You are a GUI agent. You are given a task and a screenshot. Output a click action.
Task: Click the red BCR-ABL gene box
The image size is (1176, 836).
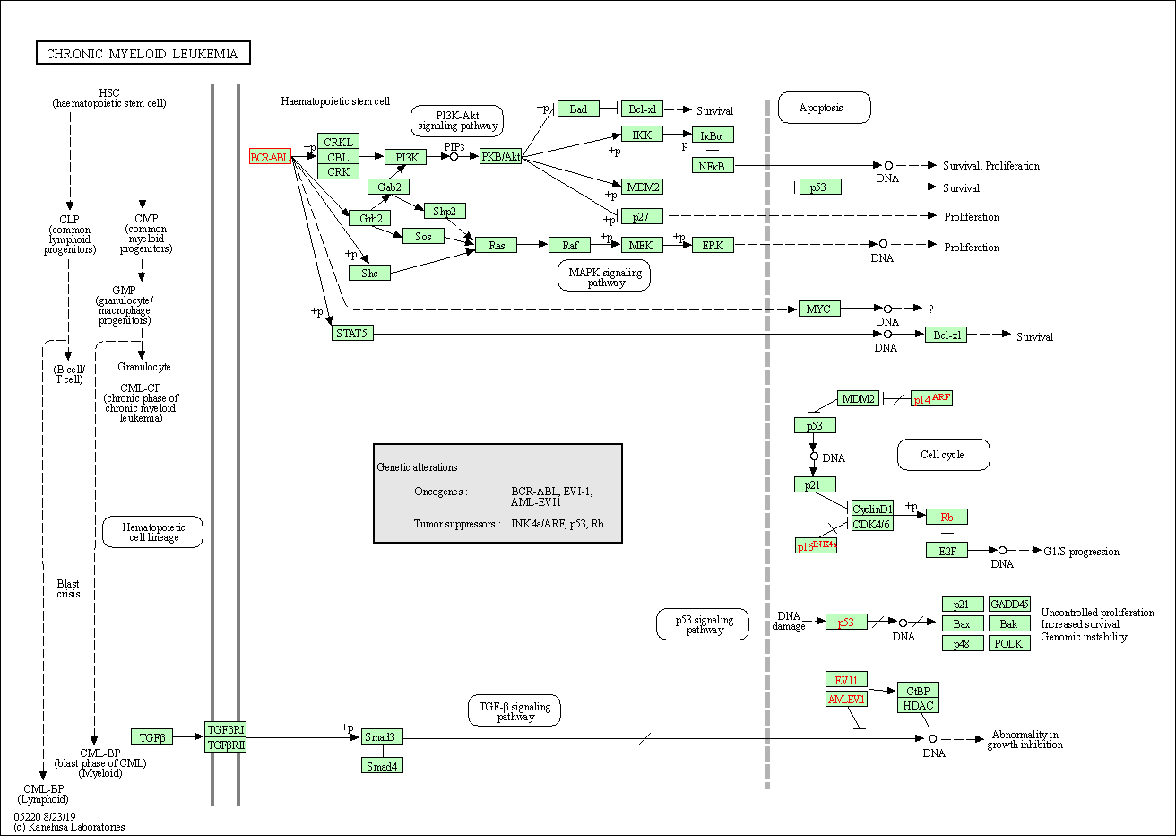[x=270, y=157]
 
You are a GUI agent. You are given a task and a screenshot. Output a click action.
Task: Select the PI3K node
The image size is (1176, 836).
[x=405, y=157]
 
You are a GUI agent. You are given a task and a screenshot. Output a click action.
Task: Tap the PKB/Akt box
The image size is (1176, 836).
[x=500, y=157]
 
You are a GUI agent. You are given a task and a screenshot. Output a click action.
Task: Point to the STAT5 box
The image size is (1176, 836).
[x=351, y=333]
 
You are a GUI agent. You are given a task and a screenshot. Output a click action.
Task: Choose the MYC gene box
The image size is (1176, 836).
[x=818, y=309]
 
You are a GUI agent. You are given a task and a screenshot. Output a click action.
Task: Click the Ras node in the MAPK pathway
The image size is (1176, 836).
[x=496, y=245]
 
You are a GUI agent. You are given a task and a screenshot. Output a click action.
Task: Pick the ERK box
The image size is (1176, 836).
[x=713, y=245]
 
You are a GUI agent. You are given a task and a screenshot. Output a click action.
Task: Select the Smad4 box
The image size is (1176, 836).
[x=382, y=765]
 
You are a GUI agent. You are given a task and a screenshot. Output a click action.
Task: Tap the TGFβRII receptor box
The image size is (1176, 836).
[x=225, y=745]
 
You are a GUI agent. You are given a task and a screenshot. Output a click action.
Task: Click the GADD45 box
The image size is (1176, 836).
[x=1008, y=604]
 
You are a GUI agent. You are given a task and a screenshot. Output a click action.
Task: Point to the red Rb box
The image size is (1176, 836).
[x=947, y=517]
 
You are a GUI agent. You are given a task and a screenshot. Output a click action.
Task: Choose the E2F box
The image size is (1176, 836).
[x=947, y=550]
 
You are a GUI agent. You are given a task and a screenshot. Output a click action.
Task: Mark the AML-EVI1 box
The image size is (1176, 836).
[x=846, y=699]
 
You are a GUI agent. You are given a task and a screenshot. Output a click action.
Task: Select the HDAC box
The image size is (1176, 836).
[x=918, y=705]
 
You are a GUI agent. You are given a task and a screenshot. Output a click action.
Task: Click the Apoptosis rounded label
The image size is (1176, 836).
[x=824, y=108]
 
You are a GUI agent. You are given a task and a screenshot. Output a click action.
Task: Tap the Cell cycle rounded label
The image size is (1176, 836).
[x=943, y=455]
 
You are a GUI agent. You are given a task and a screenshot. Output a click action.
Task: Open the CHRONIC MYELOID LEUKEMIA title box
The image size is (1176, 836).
[x=143, y=54]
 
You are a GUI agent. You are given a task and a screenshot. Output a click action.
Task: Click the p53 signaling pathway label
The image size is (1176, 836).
[x=705, y=624]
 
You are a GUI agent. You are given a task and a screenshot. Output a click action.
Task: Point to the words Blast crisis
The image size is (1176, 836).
[x=68, y=588]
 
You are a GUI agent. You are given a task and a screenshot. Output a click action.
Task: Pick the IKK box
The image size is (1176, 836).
[x=642, y=135]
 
